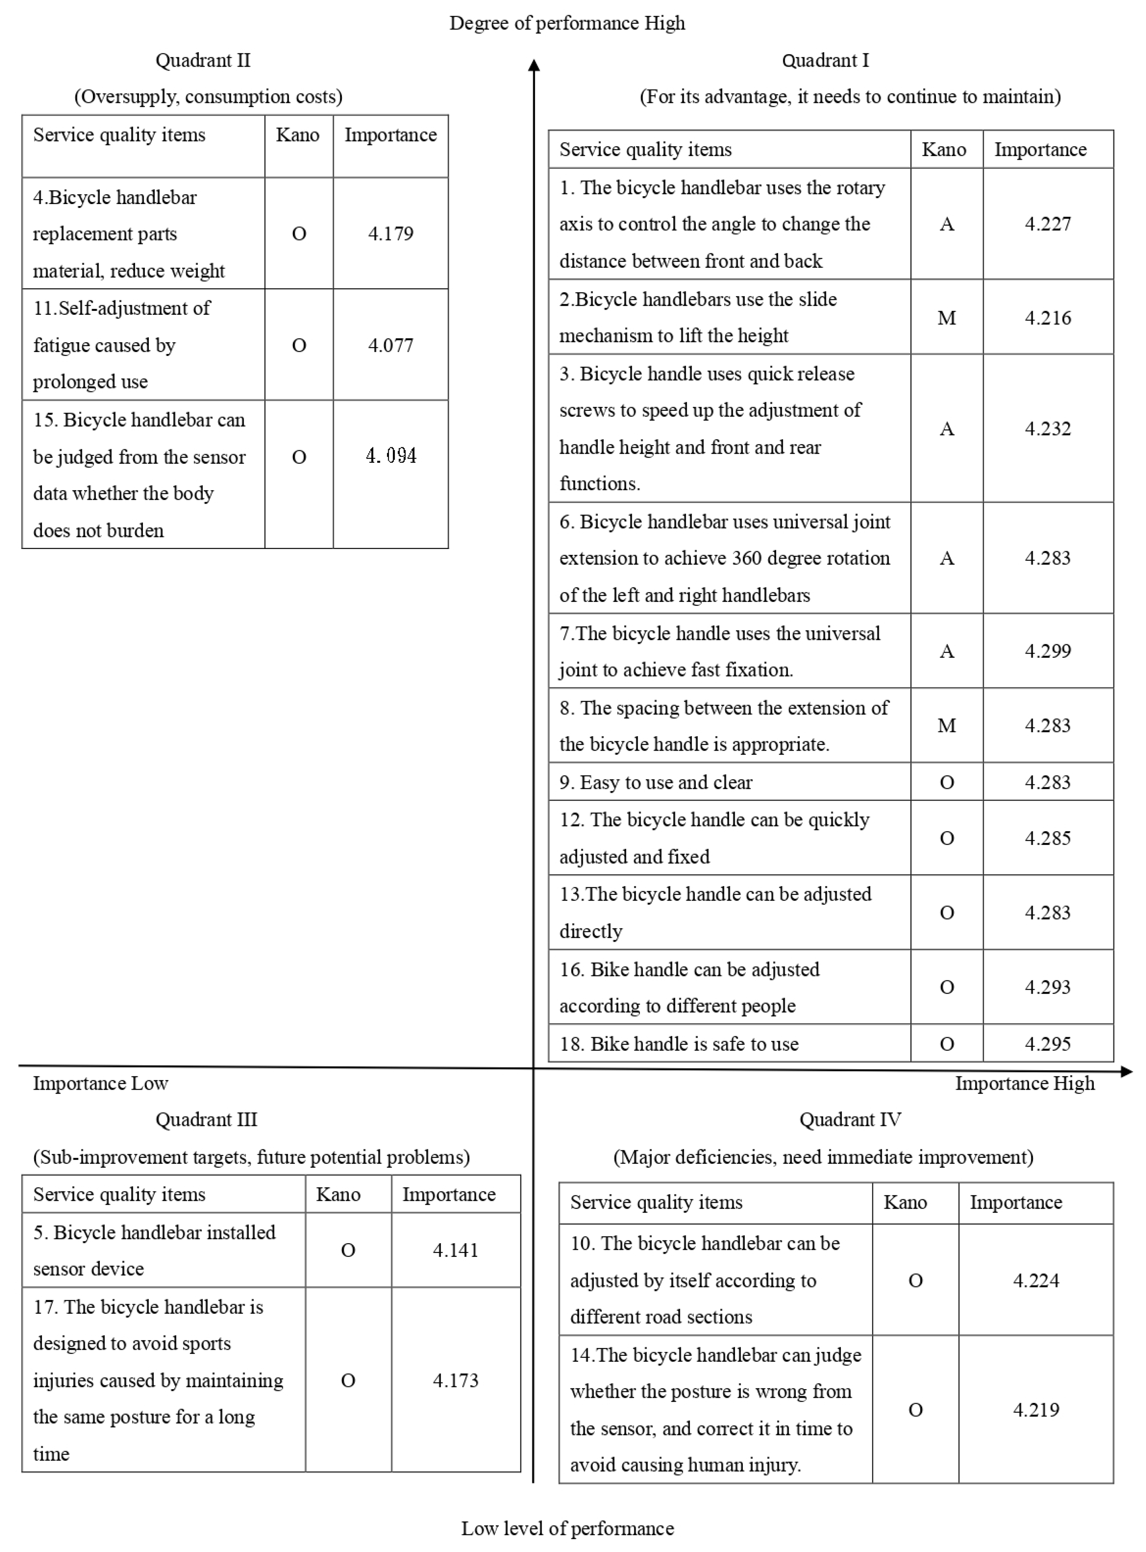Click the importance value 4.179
391,234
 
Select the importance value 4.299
1047,651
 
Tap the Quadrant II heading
203,61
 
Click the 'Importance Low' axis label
101,1083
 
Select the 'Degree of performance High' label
567,24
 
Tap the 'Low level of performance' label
567,1528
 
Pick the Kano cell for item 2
946,317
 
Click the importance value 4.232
1047,429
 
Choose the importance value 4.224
1036,1280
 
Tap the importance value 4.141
455,1250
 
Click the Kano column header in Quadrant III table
338,1194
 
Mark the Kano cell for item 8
946,725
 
